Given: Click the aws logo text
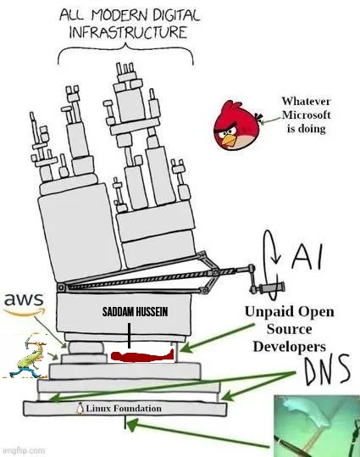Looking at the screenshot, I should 23,300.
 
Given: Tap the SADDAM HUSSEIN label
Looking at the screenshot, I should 128,311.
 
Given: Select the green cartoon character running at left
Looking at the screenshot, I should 23,355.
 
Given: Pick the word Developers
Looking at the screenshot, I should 289,347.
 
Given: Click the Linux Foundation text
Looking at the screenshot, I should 122,408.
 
